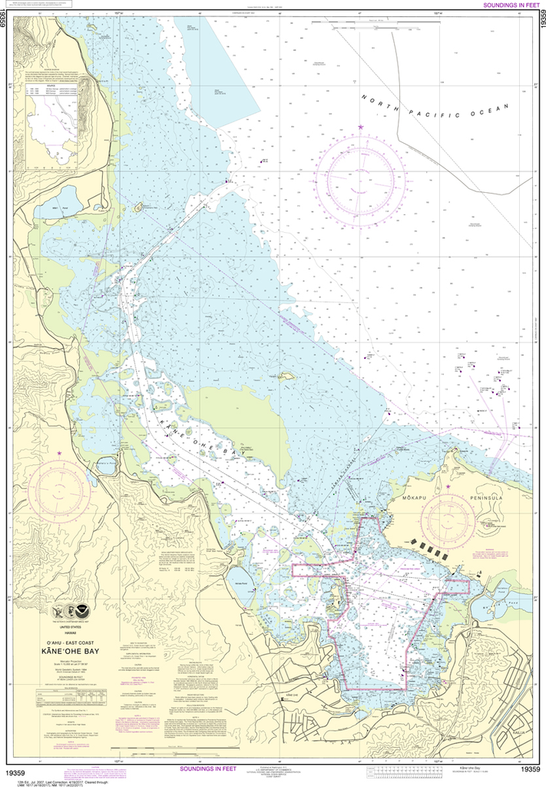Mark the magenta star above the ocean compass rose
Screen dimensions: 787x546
359,126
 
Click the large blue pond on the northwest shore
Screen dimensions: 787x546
68,208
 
